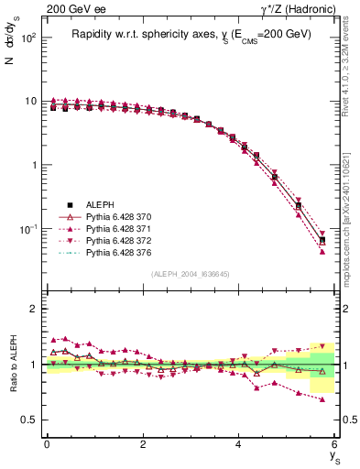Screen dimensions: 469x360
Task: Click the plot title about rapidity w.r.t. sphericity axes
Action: click(x=191, y=34)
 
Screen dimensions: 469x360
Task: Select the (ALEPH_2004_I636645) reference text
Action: click(x=191, y=275)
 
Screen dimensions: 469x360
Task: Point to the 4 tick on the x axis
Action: click(x=238, y=443)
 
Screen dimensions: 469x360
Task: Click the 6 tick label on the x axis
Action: click(x=334, y=443)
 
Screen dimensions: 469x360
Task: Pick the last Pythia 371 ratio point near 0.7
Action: click(x=322, y=399)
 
